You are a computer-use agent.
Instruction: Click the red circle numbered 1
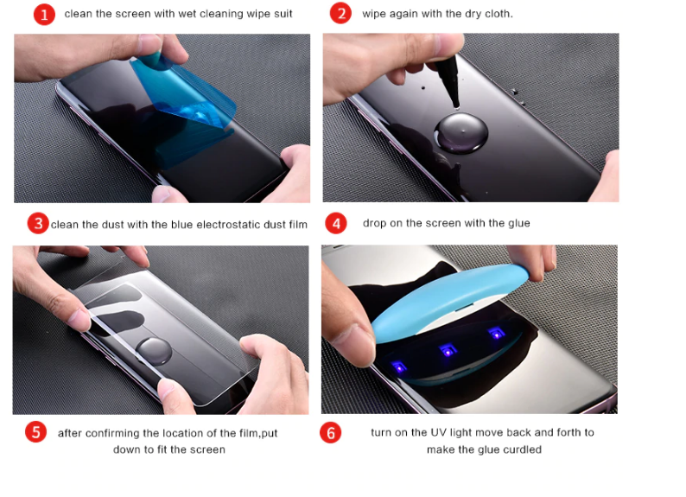click(x=44, y=15)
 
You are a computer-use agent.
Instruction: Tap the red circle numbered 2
click(x=340, y=13)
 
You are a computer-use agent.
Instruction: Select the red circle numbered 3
click(x=38, y=223)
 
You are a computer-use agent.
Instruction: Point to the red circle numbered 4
click(x=336, y=224)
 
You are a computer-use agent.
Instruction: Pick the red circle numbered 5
click(x=36, y=432)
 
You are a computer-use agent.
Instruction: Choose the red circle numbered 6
click(x=331, y=433)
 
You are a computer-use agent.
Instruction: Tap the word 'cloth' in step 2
click(x=497, y=14)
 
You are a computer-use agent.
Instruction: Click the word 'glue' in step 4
click(x=519, y=223)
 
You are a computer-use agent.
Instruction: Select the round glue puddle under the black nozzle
click(x=461, y=133)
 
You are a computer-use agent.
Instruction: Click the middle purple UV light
click(x=448, y=350)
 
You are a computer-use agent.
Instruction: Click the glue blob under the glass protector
click(x=153, y=351)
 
